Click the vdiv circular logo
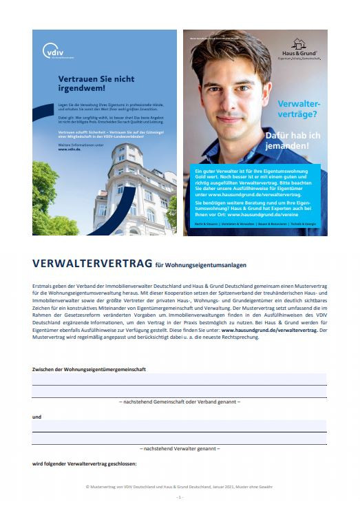(x=52, y=51)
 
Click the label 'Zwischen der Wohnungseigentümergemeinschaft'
(x=89, y=369)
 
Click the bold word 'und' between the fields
(x=36, y=417)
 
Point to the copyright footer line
(x=180, y=487)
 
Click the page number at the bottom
(x=180, y=497)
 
